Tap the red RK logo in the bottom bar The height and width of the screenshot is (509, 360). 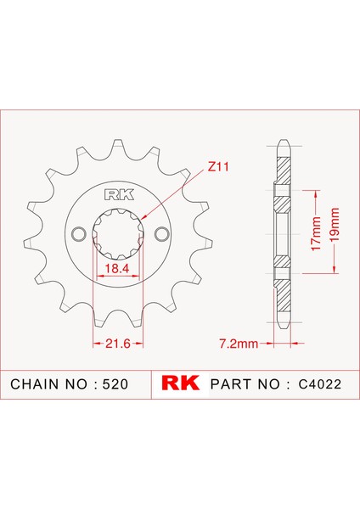tap(179, 383)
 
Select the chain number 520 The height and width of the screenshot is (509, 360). tap(115, 384)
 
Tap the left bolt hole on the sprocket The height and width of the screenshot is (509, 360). tap(79, 233)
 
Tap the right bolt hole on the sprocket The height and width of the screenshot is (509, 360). tap(159, 233)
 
